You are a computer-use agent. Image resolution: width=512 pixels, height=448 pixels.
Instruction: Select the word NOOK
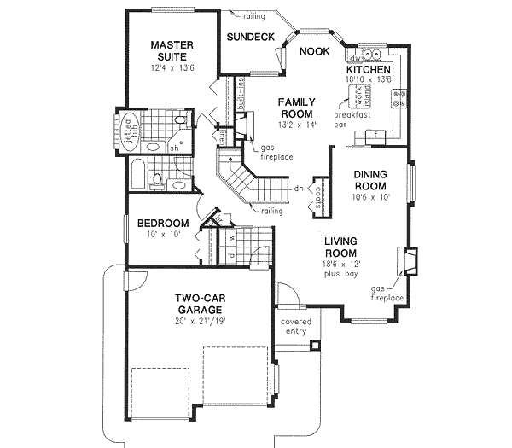(313, 51)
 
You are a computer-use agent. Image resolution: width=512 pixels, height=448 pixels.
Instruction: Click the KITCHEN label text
(369, 69)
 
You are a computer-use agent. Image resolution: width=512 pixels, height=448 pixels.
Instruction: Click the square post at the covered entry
(316, 346)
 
